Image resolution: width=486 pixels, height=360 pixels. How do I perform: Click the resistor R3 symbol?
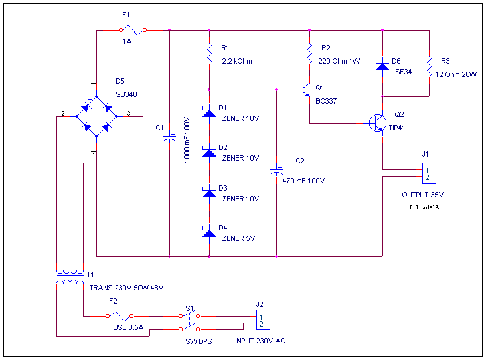[430, 66]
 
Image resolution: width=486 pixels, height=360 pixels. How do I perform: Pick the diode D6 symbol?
[382, 66]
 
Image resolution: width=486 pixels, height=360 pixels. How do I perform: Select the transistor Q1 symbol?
[304, 90]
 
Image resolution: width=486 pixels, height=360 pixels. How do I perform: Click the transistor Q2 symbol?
[378, 123]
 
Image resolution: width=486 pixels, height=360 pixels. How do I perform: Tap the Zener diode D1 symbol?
[209, 113]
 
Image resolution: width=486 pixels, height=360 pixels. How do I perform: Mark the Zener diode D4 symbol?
[209, 232]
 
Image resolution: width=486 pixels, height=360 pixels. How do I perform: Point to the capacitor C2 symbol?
[276, 171]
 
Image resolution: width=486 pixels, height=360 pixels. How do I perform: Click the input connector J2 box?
[262, 320]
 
